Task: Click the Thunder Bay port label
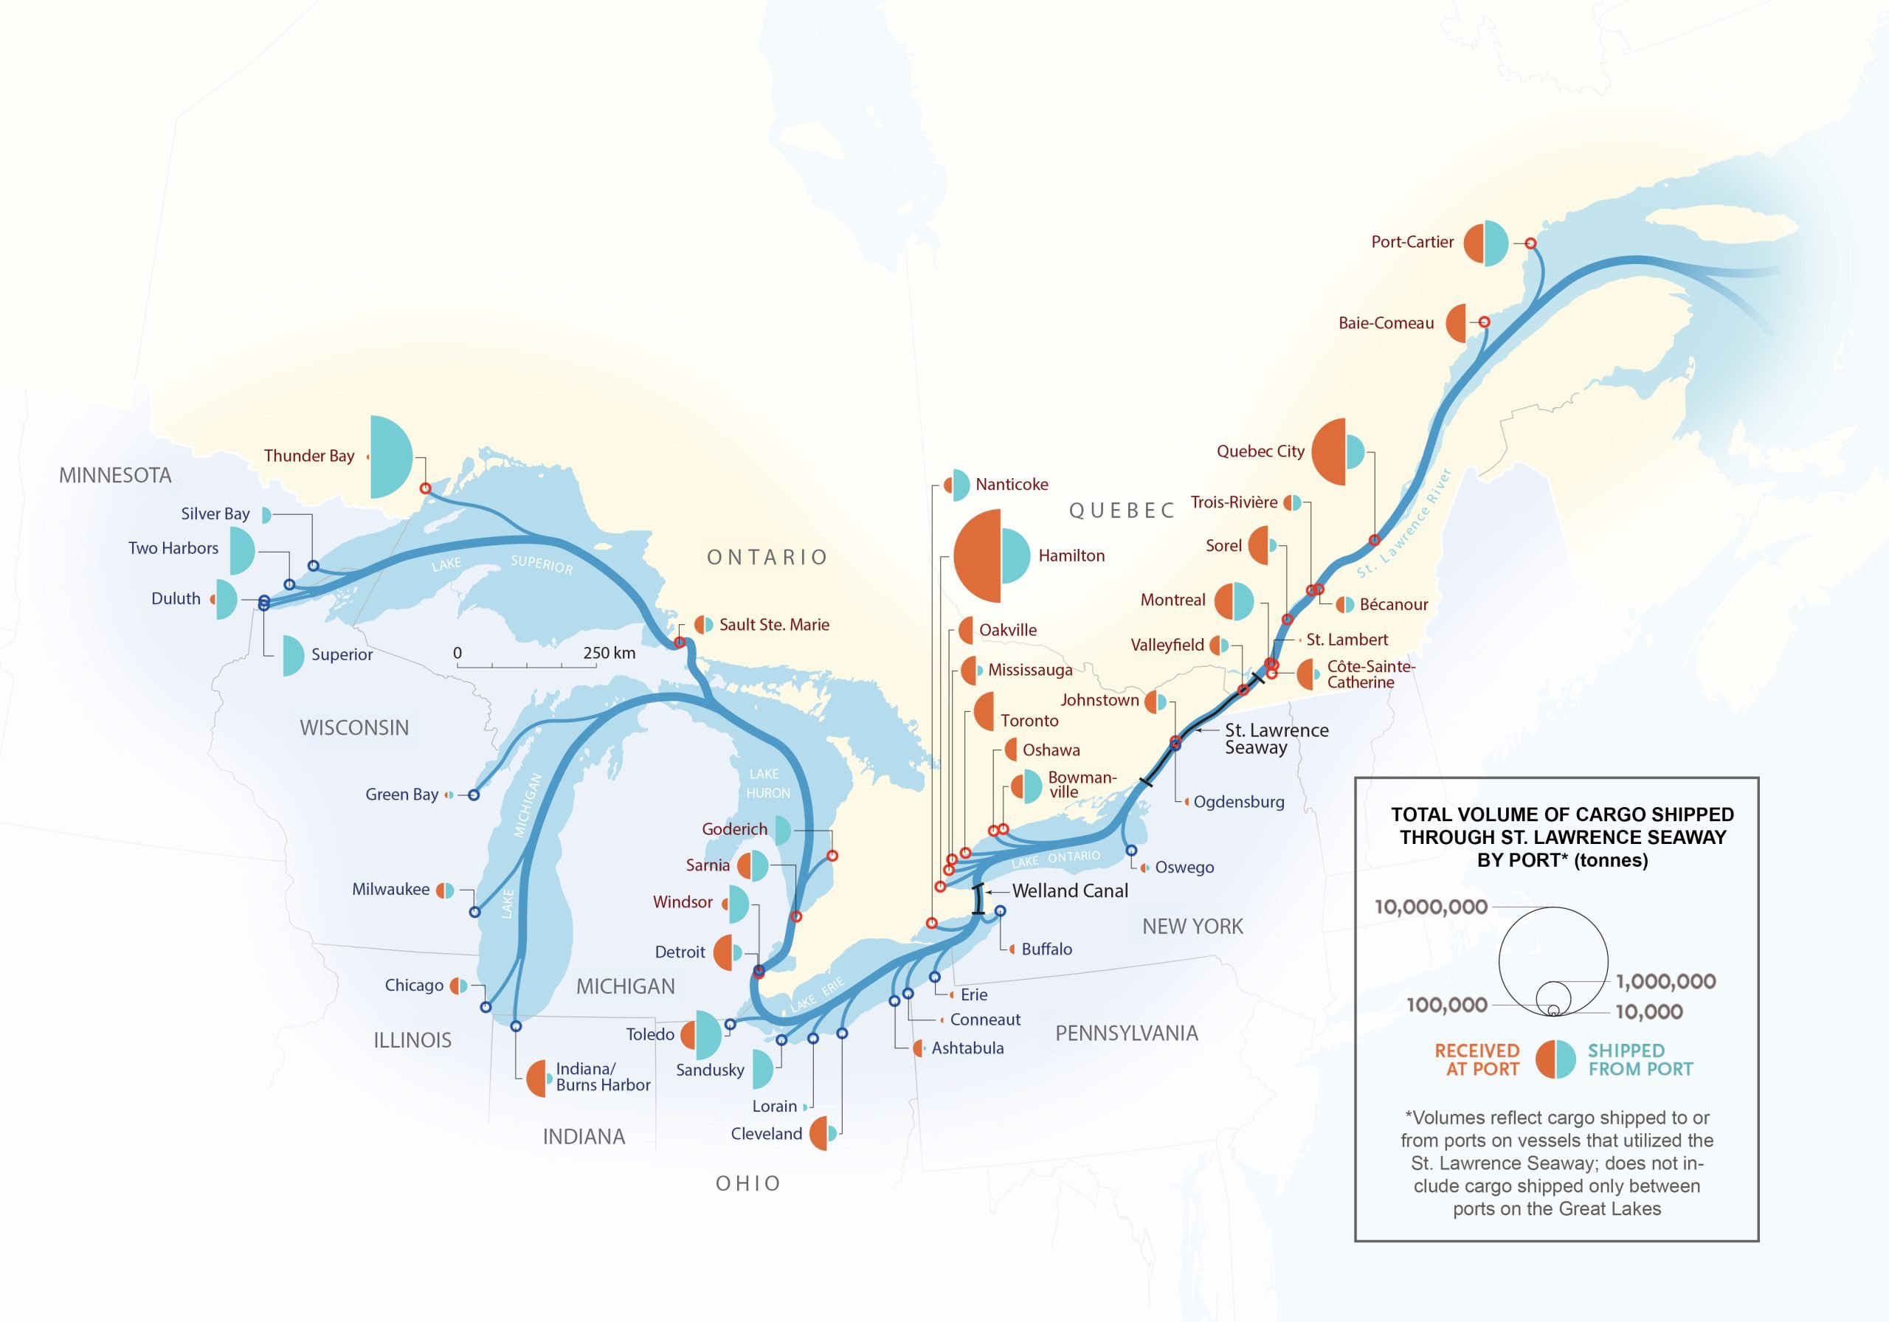tap(308, 456)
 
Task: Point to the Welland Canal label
tap(1069, 891)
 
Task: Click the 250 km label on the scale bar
tap(609, 653)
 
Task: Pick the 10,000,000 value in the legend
tap(1431, 907)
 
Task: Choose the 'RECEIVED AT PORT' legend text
tap(1477, 1059)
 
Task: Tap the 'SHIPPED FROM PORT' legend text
tap(1640, 1059)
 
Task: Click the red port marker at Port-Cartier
tap(1530, 243)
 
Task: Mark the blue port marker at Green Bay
tap(474, 795)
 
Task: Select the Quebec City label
tap(1260, 451)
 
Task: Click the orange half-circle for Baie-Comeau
tap(1457, 323)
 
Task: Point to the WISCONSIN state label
tap(353, 727)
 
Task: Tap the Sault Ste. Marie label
tap(773, 625)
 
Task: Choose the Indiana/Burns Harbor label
tap(602, 1077)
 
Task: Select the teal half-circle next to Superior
tap(292, 656)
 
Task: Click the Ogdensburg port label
tap(1238, 802)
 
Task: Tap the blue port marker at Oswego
tap(1131, 851)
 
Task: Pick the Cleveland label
tap(766, 1134)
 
